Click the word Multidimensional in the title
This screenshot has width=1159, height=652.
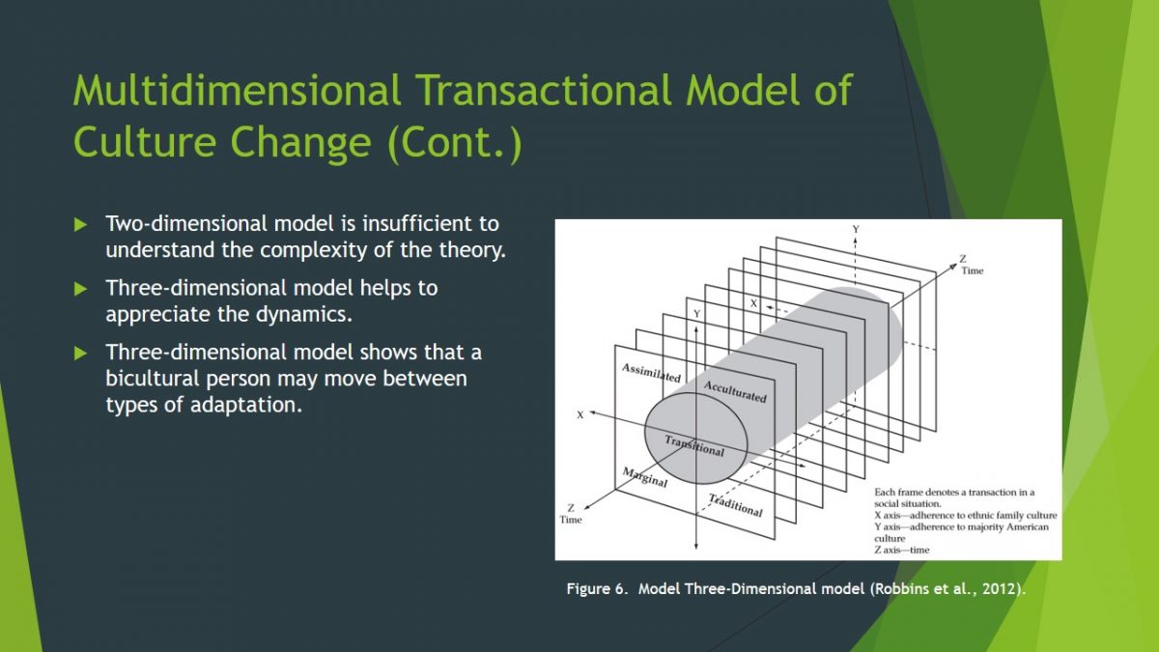(237, 90)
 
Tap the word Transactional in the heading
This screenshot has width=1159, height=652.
(544, 90)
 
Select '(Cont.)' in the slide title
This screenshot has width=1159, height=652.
(455, 142)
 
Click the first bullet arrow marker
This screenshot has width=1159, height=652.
(80, 224)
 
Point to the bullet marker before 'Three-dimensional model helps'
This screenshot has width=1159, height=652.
(80, 289)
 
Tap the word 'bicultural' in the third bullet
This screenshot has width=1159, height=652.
(153, 379)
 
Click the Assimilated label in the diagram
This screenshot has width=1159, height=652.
(651, 373)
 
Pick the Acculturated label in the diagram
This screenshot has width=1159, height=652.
(735, 392)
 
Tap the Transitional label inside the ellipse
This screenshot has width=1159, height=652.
(694, 445)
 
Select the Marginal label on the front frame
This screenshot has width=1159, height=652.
(645, 477)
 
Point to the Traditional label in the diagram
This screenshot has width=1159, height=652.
(735, 505)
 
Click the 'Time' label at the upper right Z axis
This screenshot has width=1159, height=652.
(973, 270)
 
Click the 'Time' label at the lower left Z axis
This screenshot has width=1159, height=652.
(570, 520)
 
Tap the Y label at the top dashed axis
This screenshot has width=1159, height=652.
(856, 229)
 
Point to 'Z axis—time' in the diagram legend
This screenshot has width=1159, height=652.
(902, 550)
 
